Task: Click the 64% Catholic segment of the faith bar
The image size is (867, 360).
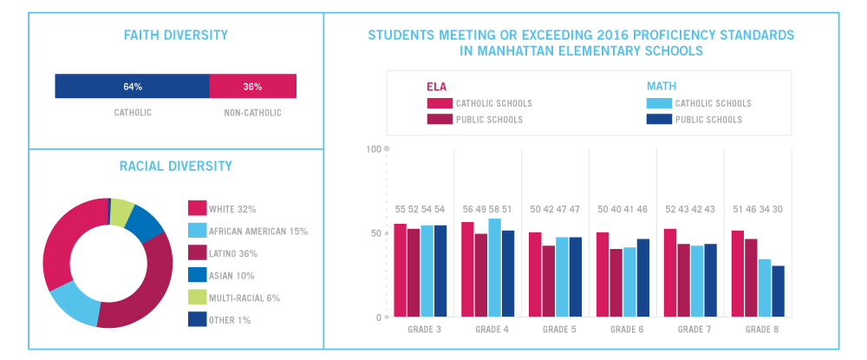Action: click(x=132, y=86)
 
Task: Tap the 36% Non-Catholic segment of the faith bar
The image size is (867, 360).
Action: click(x=252, y=86)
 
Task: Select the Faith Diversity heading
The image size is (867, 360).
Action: click(x=176, y=36)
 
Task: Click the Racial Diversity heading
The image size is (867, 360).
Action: click(x=176, y=166)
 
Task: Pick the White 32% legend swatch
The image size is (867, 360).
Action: click(x=197, y=208)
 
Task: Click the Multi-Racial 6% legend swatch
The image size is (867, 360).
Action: click(x=197, y=298)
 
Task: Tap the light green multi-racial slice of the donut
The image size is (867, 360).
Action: click(x=123, y=210)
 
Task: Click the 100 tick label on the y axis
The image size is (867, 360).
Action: click(x=374, y=149)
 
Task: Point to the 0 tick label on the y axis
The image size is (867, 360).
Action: click(x=379, y=317)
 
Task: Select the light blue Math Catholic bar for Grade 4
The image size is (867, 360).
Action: click(x=494, y=268)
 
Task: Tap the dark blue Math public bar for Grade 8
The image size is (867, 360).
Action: click(x=778, y=291)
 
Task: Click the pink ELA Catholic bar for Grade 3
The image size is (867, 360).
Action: click(x=401, y=271)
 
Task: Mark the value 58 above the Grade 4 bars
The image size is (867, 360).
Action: click(x=495, y=209)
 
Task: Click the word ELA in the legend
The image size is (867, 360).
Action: click(x=436, y=87)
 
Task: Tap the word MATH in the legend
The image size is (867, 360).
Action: click(x=662, y=87)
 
